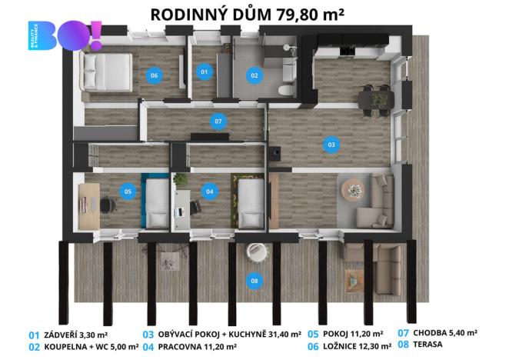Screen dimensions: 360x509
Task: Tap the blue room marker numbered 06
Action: click(154, 75)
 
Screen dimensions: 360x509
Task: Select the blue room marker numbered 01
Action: click(204, 72)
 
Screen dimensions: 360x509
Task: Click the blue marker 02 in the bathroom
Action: click(254, 75)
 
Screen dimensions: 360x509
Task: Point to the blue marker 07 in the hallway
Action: click(218, 122)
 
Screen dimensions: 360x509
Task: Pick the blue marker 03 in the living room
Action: click(331, 143)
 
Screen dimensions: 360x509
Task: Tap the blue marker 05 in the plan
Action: click(128, 191)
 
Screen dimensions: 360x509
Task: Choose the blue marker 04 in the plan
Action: click(209, 191)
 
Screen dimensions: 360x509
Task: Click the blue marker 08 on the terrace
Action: click(254, 282)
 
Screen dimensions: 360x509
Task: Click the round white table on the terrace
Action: click(254, 252)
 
